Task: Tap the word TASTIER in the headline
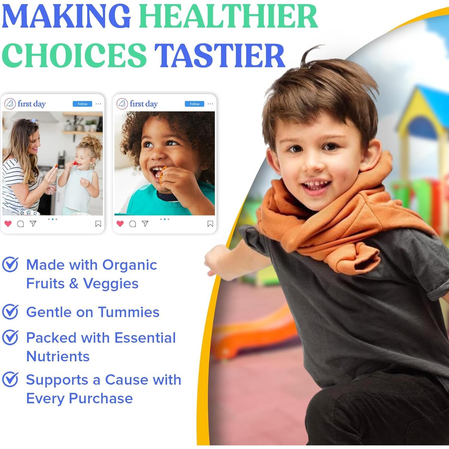pos(220,56)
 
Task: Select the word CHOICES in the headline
pos(74,56)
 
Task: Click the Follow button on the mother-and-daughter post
pos(82,104)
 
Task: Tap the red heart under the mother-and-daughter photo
pos(8,223)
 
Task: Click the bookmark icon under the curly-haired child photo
pos(210,224)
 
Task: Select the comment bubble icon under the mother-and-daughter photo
pos(20,224)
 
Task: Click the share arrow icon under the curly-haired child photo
pos(145,223)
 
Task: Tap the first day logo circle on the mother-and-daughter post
pos(10,104)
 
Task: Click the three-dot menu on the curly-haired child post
pos(210,104)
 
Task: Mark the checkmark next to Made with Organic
pos(11,265)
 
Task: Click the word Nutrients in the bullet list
pos(58,356)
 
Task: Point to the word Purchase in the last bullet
pos(101,399)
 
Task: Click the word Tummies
pos(129,312)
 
